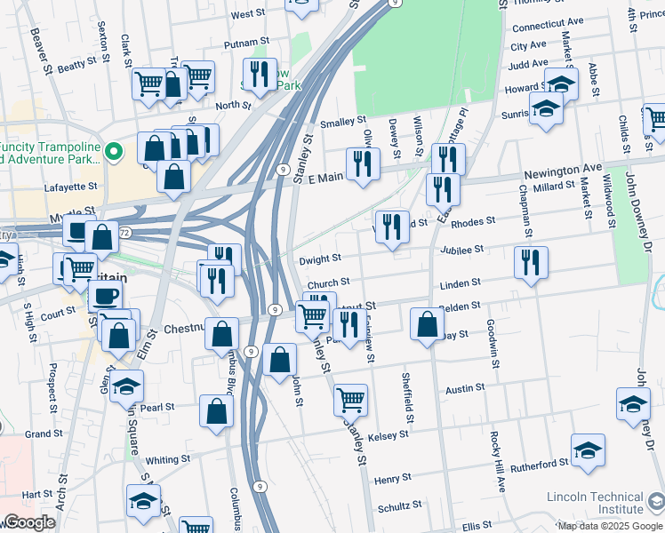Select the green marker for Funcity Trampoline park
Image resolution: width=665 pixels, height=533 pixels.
coord(113,152)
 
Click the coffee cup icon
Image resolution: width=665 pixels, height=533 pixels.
coord(106,296)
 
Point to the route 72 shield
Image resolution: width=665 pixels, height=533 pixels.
coord(125,233)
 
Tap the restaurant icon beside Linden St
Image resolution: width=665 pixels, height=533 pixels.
coord(531,262)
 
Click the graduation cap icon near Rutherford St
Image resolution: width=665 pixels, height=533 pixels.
coord(588,449)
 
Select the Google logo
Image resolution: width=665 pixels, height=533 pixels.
coord(29,522)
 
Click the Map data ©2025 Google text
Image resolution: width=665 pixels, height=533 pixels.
coord(610,526)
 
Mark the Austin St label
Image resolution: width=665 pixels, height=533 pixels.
coord(465,388)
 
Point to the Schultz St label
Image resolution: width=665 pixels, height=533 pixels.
coord(399,505)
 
